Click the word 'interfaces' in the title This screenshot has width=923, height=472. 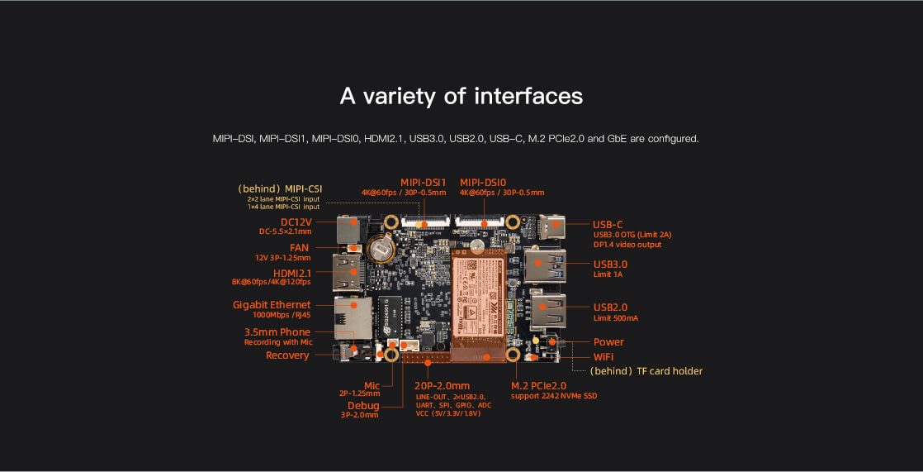click(528, 96)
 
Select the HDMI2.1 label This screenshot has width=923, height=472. click(292, 273)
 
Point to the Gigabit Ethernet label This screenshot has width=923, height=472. click(272, 305)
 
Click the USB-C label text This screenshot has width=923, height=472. click(608, 224)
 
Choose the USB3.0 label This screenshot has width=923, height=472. click(611, 265)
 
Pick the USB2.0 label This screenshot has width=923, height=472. click(611, 307)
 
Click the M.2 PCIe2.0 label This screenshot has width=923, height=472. click(538, 385)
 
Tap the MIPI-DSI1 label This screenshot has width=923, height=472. click(423, 182)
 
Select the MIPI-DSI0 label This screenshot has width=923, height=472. click(483, 182)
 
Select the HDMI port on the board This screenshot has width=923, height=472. click(348, 272)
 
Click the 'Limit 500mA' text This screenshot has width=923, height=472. click(616, 317)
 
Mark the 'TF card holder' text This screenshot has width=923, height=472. click(670, 371)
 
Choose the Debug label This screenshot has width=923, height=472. click(363, 405)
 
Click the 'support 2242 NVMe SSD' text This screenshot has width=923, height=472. click(553, 396)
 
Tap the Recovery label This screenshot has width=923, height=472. click(287, 355)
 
